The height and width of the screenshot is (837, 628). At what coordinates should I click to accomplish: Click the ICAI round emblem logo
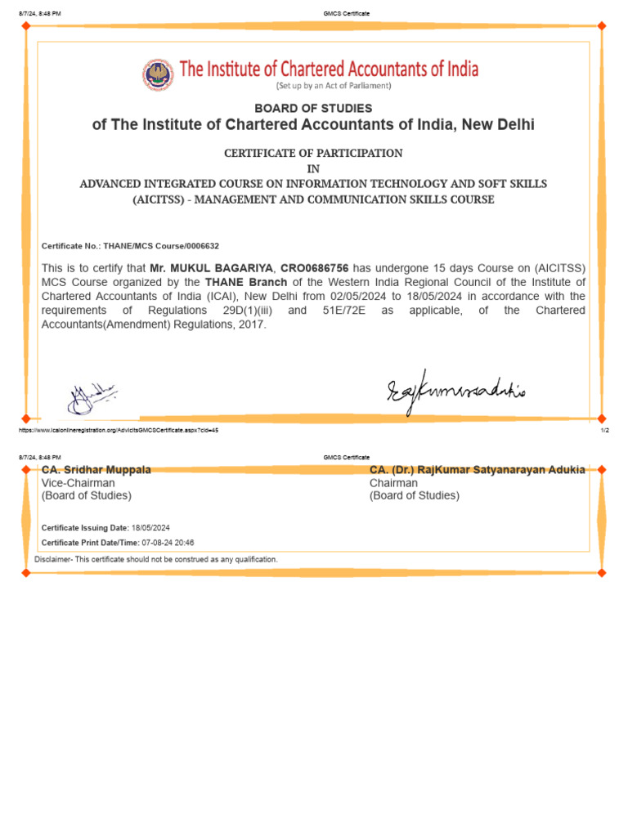click(158, 75)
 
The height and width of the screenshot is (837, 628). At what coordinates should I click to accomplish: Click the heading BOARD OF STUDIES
click(313, 108)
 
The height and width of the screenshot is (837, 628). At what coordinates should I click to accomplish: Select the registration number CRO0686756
click(315, 268)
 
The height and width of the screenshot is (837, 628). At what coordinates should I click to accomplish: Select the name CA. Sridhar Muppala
click(96, 470)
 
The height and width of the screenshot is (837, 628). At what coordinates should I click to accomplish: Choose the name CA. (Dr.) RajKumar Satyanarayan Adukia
click(477, 470)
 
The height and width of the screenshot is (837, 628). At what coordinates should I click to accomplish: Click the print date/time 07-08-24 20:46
click(168, 543)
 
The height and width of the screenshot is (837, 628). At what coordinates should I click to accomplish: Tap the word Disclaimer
click(53, 559)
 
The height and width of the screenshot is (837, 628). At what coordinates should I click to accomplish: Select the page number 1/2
click(604, 430)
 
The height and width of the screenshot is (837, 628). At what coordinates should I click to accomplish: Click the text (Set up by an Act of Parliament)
click(334, 86)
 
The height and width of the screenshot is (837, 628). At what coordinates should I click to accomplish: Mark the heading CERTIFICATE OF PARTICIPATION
click(313, 153)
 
